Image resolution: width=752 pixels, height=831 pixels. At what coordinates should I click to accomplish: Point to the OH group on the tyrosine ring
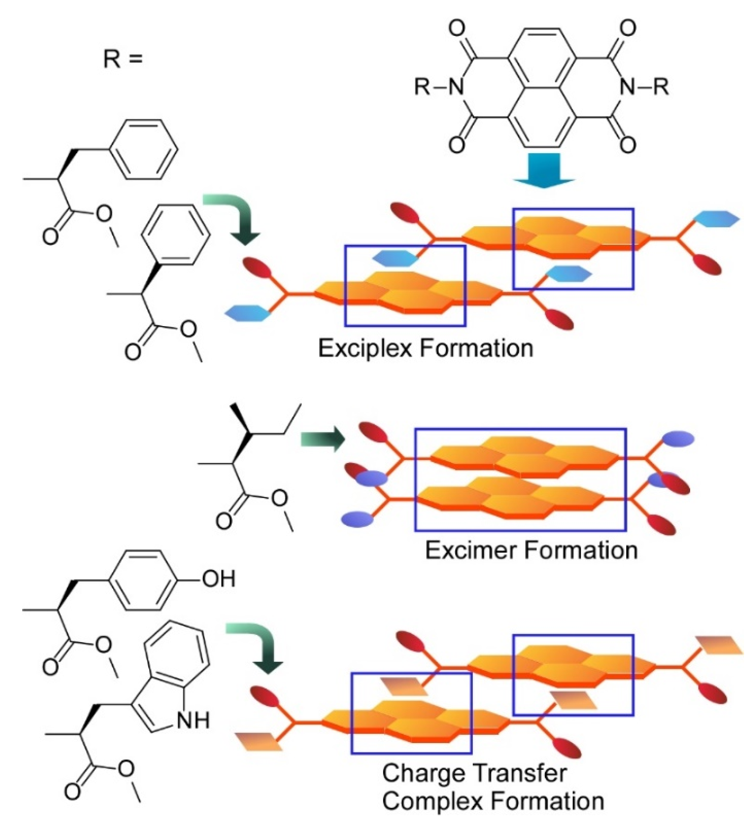pyautogui.click(x=218, y=579)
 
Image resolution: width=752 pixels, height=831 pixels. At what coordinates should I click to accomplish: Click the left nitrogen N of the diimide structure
pyautogui.click(x=456, y=87)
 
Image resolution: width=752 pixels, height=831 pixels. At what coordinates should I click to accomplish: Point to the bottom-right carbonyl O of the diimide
pyautogui.click(x=628, y=145)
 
